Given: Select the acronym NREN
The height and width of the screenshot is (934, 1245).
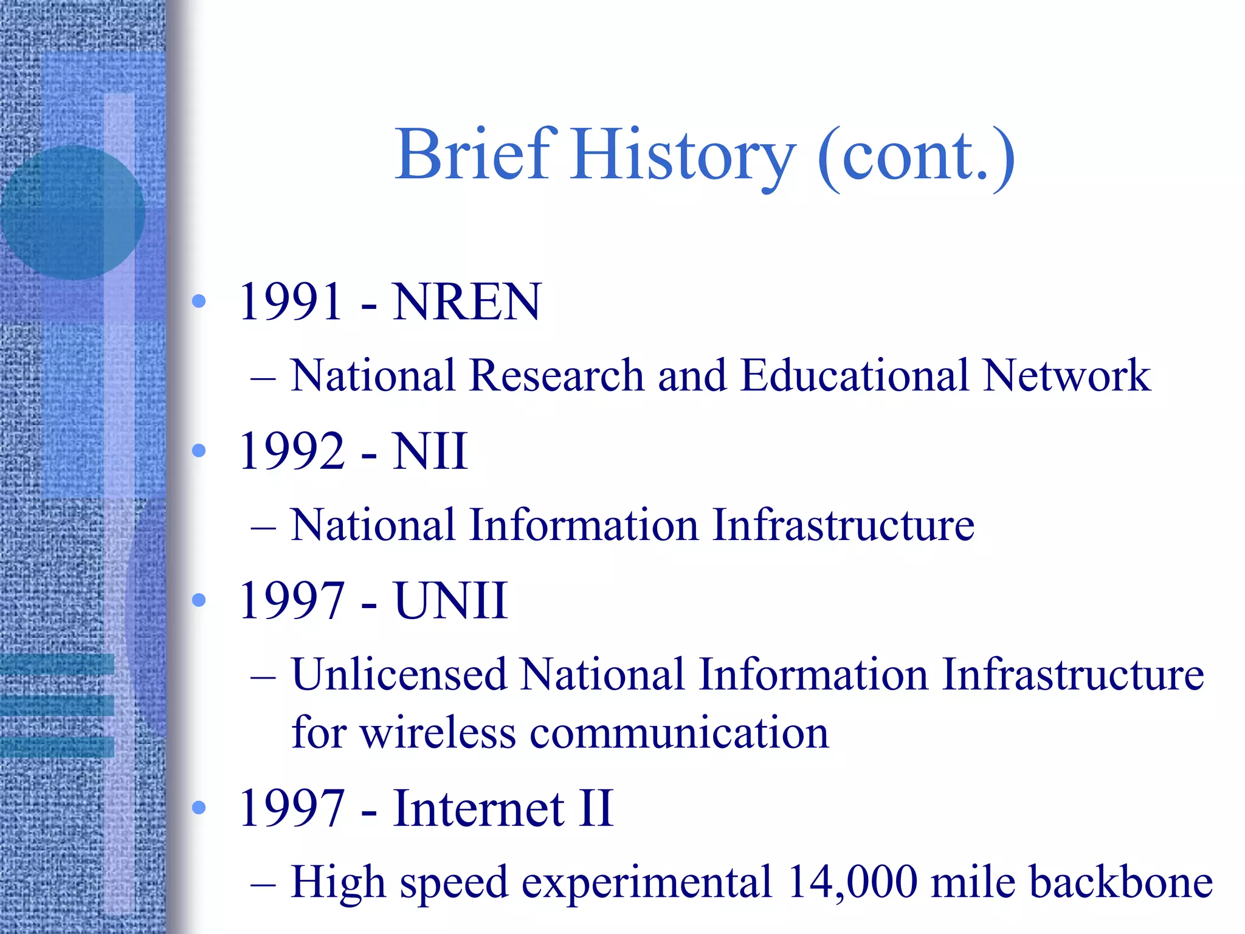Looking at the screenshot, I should [x=466, y=302].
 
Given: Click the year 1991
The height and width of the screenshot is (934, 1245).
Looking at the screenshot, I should [x=291, y=302].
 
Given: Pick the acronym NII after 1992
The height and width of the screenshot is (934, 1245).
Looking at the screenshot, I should [x=430, y=451].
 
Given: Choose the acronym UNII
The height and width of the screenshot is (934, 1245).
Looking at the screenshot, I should [x=450, y=601].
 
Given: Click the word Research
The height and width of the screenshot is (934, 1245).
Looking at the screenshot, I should [x=556, y=375].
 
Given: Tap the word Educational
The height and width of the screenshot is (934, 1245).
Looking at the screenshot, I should [x=855, y=375].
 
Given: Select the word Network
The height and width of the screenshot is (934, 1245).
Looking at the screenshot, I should [x=1066, y=375].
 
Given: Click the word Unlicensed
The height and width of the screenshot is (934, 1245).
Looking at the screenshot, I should [x=399, y=675].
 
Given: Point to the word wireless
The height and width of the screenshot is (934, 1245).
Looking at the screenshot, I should [x=438, y=733].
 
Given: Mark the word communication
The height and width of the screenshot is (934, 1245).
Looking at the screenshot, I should [x=679, y=733].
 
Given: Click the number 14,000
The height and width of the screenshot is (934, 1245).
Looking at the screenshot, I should [x=852, y=882].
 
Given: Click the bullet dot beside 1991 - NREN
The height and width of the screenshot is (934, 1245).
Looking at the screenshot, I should [x=199, y=301].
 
